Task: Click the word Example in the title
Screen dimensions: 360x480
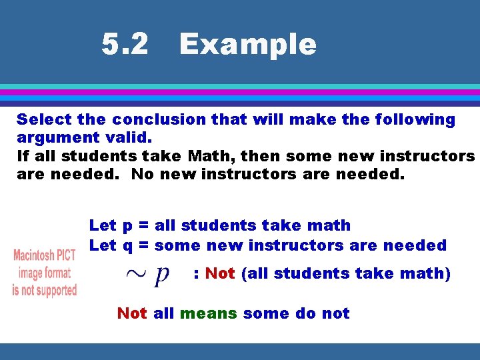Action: pos(247,45)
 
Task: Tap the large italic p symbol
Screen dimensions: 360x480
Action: pos(161,274)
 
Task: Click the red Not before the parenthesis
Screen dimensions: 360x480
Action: pos(220,273)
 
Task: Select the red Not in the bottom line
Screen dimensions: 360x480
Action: pos(132,313)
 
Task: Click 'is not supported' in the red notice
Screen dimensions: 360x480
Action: pos(45,290)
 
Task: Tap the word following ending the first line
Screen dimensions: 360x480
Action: pos(415,120)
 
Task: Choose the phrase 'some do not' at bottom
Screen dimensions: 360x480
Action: pos(296,313)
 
